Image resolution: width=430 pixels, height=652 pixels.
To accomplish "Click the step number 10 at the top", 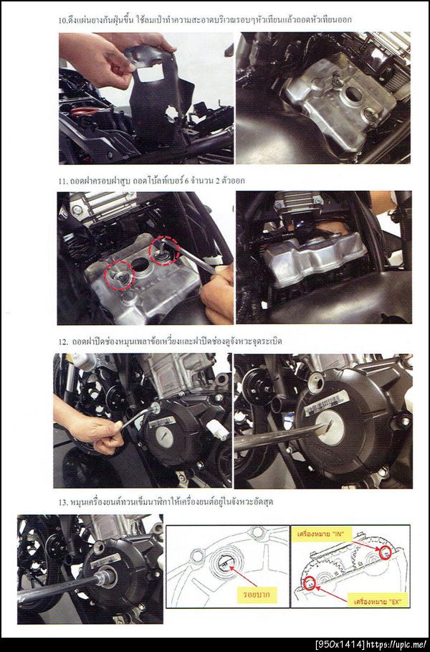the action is pos(62,19).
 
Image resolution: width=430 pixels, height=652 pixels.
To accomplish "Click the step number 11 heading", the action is pos(62,181).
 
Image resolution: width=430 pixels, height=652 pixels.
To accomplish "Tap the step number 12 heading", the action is pos(63,342).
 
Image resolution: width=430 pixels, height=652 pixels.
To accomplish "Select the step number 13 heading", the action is pos(63,502).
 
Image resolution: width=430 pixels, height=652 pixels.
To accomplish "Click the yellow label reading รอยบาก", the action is pos(254,594).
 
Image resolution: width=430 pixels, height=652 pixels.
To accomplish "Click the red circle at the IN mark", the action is pos(385,552).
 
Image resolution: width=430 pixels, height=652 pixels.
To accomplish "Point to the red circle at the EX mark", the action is pos(309,583).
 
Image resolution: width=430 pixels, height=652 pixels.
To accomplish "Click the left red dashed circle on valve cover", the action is pos(119,275).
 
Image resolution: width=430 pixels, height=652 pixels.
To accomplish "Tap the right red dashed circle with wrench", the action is pos(164,250).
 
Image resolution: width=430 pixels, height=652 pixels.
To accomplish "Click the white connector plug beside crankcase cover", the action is pos(218,429).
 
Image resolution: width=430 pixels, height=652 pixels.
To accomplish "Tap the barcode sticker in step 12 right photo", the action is pos(326,402).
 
